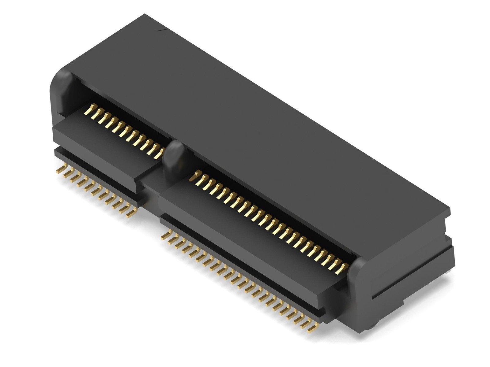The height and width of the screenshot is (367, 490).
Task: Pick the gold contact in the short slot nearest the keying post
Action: click(159, 153)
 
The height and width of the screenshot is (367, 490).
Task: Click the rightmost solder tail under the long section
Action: click(313, 328)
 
